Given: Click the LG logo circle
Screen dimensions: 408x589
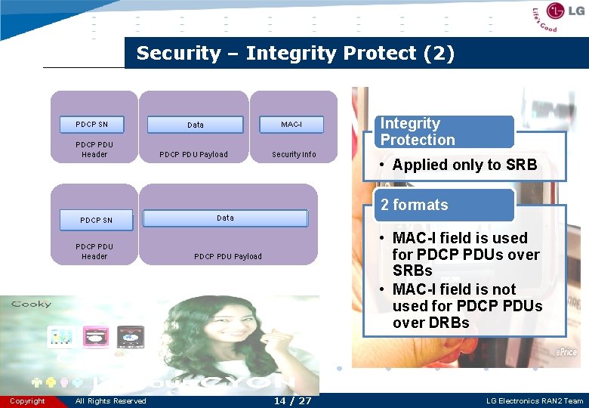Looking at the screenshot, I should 556,11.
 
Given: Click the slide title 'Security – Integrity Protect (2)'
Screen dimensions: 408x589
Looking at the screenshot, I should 295,54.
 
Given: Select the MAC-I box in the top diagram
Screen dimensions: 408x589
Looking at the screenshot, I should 291,124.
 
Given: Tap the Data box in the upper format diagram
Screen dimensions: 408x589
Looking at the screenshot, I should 195,125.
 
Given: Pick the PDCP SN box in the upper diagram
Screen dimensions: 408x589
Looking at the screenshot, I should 92,124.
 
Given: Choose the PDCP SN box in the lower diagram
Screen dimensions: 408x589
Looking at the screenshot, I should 96,220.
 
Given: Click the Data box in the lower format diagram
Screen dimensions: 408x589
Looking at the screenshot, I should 225,218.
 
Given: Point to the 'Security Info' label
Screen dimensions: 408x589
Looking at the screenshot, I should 294,154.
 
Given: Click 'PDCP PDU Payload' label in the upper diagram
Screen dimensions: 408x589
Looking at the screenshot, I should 193,154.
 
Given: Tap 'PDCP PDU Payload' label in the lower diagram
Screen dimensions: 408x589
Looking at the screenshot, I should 228,256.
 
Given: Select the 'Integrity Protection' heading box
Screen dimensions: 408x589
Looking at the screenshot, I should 444,131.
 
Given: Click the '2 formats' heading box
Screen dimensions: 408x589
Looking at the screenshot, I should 444,205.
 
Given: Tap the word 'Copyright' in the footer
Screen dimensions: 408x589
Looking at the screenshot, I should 27,401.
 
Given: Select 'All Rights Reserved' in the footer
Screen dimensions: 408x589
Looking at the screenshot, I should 111,401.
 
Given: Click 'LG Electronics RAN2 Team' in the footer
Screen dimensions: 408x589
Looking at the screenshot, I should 535,401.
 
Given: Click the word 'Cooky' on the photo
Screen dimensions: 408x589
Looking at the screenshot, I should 31,304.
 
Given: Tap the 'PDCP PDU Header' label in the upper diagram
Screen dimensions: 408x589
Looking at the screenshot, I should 94,150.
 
